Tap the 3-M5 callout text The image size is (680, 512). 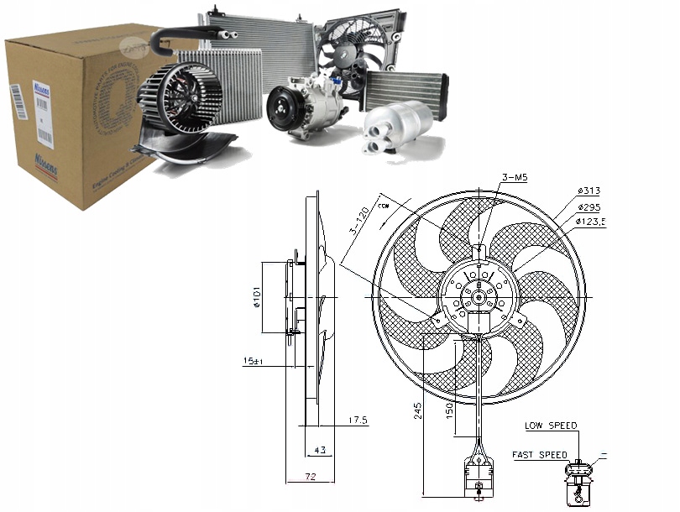point(514,178)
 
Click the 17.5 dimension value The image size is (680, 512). point(359,420)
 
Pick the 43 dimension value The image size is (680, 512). point(320,451)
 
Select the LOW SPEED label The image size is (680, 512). point(551,426)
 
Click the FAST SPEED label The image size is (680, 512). point(540,455)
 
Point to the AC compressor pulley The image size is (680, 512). point(281,112)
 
